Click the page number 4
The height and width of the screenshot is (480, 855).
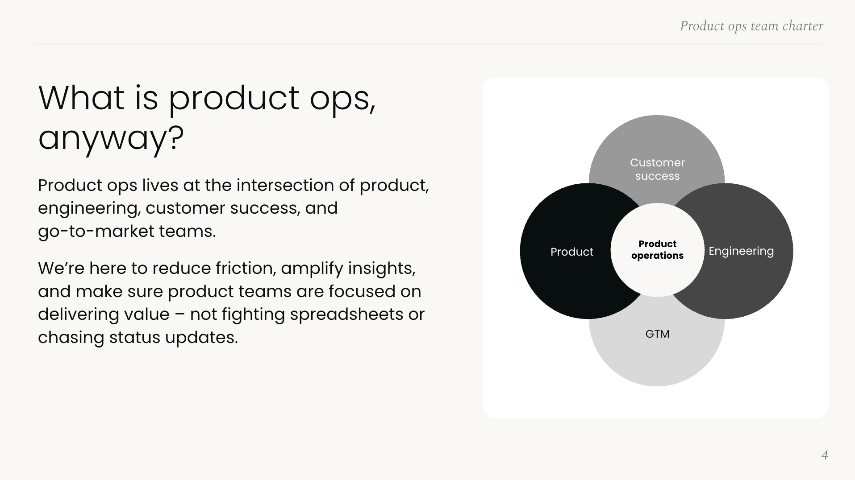coord(825,455)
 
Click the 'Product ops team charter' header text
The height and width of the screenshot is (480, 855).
coord(751,26)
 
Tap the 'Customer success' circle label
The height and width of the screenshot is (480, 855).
coord(657,169)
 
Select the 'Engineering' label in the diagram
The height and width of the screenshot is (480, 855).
coord(741,251)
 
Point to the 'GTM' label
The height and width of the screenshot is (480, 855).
coord(657,334)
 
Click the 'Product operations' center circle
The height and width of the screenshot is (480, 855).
coord(657,250)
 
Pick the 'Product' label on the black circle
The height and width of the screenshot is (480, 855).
coord(571,252)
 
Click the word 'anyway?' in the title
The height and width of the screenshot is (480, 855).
coord(111,138)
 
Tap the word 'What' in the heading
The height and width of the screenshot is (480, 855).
coord(81,98)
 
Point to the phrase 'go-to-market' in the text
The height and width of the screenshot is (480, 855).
coord(96,232)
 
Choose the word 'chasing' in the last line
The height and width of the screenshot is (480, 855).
coord(71,338)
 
